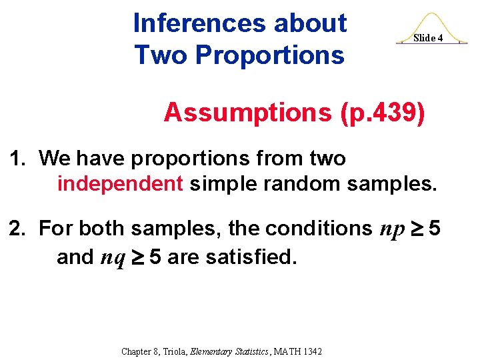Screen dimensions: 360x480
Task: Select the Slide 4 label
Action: coord(428,38)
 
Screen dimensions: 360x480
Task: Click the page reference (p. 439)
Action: coord(382,113)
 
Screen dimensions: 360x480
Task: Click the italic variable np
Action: coord(392,229)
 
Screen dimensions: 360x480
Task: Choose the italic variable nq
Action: coord(112,257)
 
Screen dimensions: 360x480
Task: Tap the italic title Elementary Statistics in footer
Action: coord(222,351)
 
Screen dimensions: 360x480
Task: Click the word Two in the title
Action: coord(155,55)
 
